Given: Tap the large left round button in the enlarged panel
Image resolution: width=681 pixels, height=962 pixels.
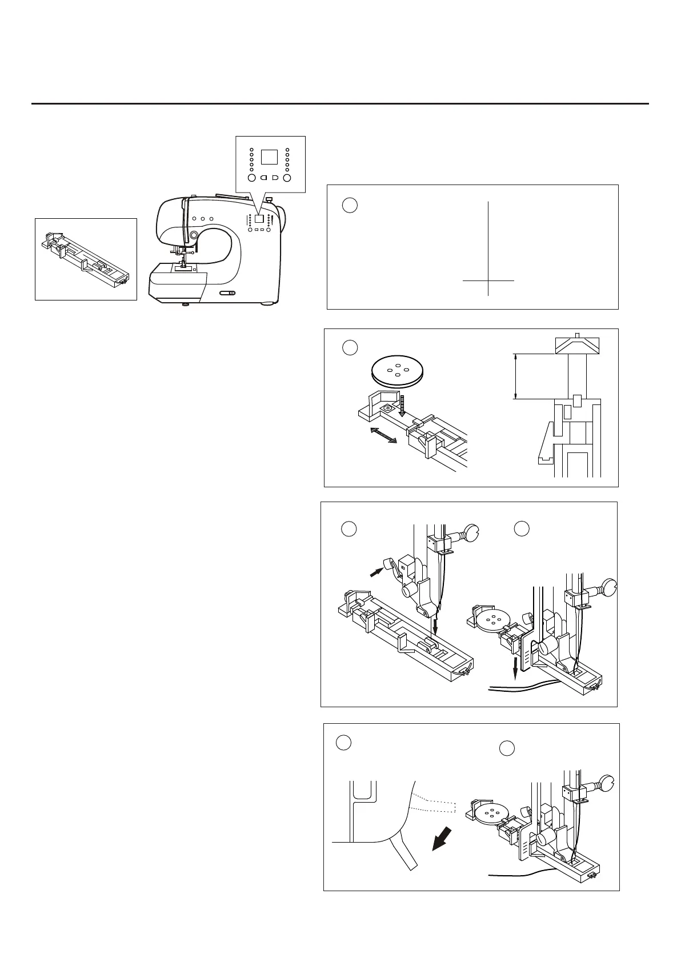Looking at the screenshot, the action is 251,178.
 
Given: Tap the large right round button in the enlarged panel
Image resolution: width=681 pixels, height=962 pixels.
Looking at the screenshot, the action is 287,178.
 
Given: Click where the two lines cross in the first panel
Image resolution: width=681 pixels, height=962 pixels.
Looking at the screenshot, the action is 488,280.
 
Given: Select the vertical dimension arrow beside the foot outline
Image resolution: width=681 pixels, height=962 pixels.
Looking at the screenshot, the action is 516,376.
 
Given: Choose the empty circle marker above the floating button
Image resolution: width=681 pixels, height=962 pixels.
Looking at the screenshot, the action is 350,347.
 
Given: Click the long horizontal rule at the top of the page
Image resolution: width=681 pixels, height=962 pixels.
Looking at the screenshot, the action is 340,104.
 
